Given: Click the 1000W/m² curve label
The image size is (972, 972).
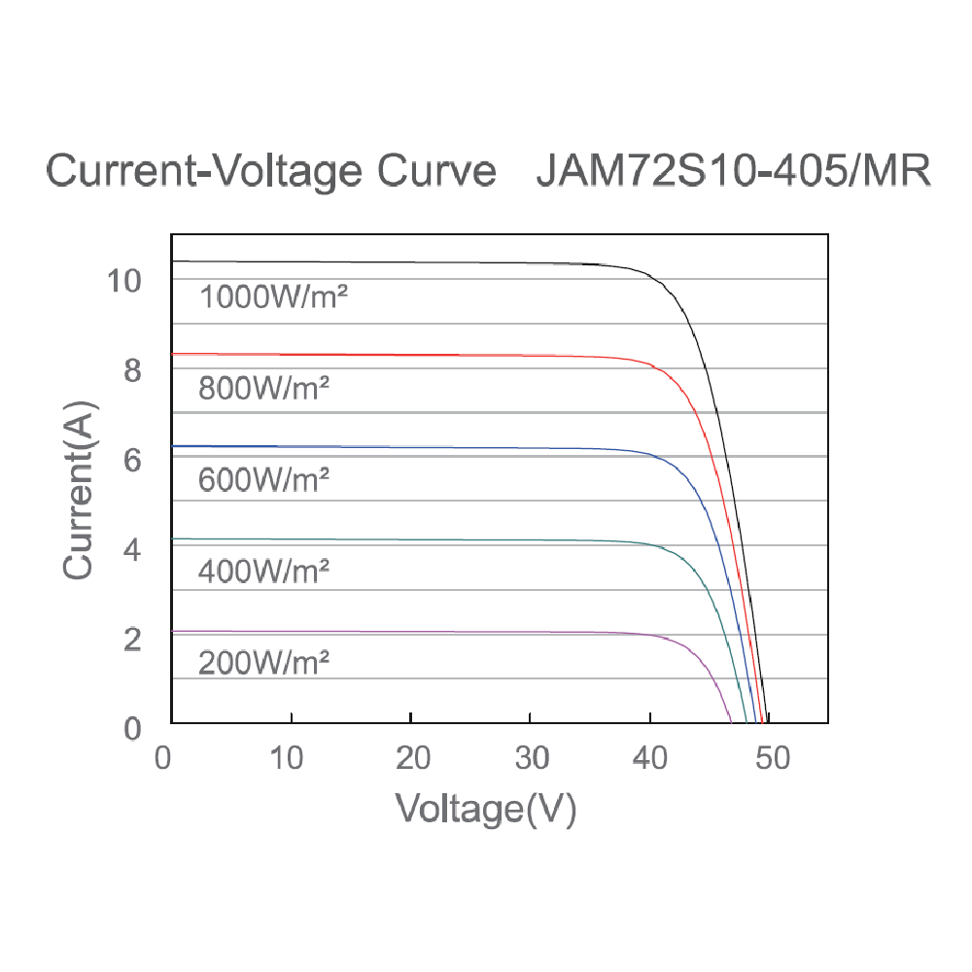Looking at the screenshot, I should pos(273,296).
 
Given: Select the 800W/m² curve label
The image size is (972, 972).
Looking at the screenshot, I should pos(264,389).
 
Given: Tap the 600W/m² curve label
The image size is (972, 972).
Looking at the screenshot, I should pos(264,479).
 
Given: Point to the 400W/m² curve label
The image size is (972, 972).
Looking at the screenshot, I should pos(264,572).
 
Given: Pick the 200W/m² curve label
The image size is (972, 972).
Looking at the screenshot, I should pos(264,663).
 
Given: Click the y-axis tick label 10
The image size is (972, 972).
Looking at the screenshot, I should pos(125,281).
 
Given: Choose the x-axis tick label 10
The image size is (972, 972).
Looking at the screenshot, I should pos(289,757).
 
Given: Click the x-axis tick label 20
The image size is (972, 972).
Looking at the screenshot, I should pos(413,757).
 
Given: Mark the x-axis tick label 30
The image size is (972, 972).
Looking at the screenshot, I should pos(532,757).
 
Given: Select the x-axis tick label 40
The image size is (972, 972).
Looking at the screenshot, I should pos(651,757).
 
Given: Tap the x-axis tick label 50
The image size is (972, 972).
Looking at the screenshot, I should pos(774,757).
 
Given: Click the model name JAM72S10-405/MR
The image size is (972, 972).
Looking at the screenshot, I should pos(734,172).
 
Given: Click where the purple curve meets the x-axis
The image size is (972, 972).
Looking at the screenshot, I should pos(730,721).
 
